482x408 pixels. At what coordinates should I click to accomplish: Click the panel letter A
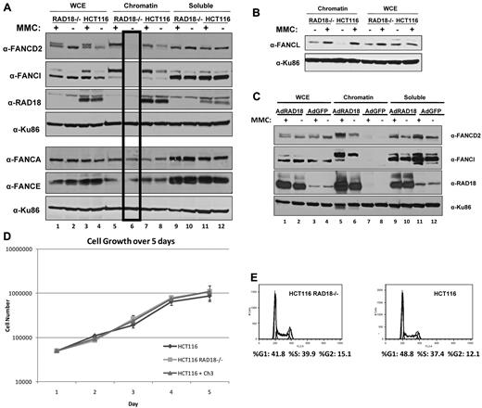[6, 7]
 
